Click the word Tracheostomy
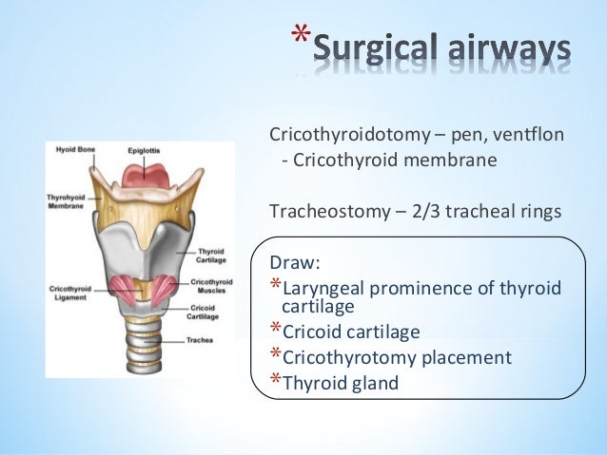[329, 209]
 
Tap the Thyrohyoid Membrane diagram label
[68, 201]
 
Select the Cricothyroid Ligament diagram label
[71, 293]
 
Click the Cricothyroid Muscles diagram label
[210, 285]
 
